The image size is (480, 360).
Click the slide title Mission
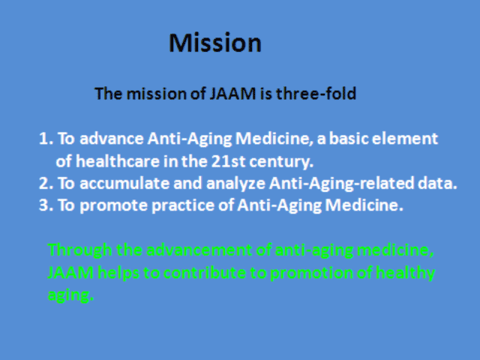pos(215,43)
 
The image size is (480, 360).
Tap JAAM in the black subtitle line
pos(232,93)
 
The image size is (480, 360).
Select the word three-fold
pos(316,93)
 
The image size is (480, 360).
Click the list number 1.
pos(46,139)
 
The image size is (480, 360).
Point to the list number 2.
pos(46,183)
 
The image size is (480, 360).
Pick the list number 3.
pos(46,205)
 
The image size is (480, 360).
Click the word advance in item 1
pos(112,139)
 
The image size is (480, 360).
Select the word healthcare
pos(118,161)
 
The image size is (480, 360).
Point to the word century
pos(281,162)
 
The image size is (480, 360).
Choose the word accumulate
pos(124,183)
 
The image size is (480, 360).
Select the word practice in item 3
pos(183,205)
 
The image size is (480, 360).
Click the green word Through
pos(80,250)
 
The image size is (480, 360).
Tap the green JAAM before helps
pos(70,272)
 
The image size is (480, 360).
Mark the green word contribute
pos(205,272)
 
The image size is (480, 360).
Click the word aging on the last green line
pos(70,295)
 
